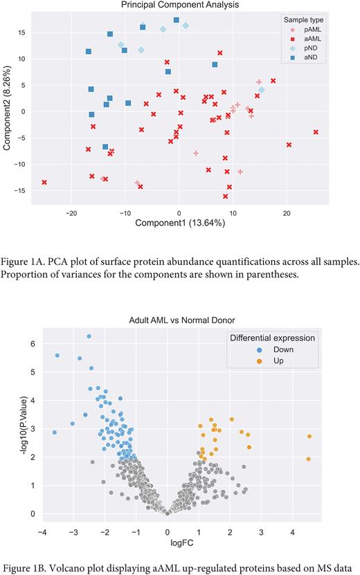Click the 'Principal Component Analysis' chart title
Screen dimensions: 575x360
click(x=179, y=6)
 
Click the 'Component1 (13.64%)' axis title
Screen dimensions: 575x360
click(x=178, y=223)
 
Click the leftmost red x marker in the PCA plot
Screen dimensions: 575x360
click(x=44, y=182)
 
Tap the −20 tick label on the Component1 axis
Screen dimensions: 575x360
click(x=71, y=212)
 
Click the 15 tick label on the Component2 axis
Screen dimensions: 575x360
click(x=22, y=33)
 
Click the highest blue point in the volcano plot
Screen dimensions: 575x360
click(x=89, y=336)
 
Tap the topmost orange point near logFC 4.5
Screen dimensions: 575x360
click(x=309, y=436)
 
